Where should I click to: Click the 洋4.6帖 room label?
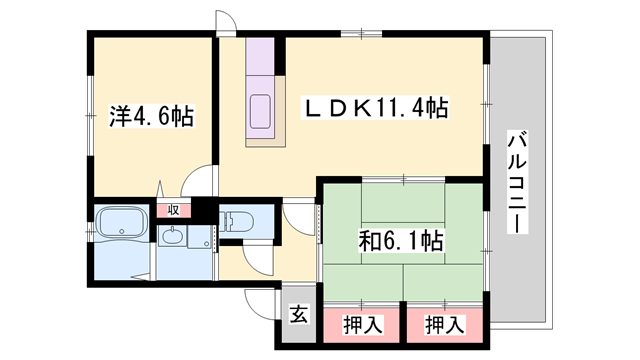(151, 117)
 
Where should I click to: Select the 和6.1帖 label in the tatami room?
(402, 240)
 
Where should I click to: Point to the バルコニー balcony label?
(516, 181)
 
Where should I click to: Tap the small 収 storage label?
(173, 210)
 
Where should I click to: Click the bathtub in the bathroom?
(122, 221)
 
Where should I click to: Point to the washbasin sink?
(172, 238)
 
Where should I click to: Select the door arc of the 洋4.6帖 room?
(200, 185)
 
